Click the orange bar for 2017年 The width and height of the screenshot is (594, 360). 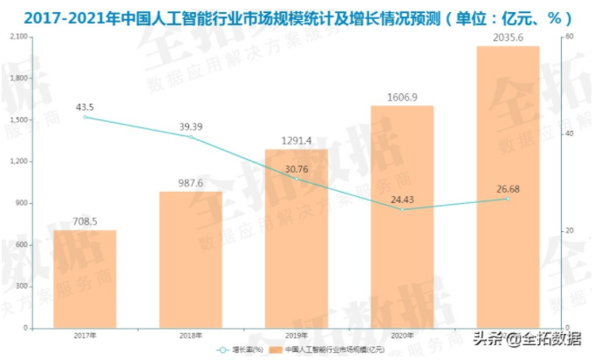point(85,279)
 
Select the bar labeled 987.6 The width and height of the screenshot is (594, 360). point(190,260)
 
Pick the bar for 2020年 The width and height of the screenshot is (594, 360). point(402,217)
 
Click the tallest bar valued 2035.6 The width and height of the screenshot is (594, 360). point(508,187)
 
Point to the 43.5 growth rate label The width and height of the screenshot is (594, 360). point(85,107)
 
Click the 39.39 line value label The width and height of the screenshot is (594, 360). point(190,126)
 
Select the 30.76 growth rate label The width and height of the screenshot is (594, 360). point(297,169)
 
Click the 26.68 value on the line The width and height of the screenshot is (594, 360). point(508,189)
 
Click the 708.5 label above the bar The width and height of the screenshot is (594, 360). point(85,221)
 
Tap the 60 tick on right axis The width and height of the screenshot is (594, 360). point(568,37)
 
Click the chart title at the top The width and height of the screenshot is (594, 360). point(297,16)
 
